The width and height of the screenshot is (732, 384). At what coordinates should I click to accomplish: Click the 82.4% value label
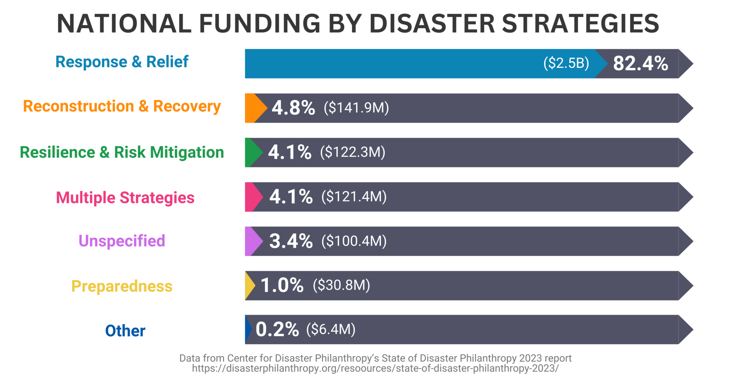[640, 64]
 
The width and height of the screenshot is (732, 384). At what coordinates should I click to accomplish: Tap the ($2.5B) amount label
[566, 63]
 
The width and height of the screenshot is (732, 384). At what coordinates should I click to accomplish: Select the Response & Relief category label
[122, 62]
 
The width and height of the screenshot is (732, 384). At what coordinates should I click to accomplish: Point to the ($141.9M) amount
[356, 108]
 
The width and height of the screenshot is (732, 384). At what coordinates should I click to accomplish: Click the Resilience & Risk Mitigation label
[122, 152]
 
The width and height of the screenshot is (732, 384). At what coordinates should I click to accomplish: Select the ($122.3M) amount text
[352, 152]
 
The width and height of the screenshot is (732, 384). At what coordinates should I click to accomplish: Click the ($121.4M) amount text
[354, 196]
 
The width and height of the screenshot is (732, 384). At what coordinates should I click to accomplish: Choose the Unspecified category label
[122, 241]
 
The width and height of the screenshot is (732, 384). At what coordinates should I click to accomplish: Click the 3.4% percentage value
[291, 241]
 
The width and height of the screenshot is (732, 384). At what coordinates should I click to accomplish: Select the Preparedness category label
[122, 286]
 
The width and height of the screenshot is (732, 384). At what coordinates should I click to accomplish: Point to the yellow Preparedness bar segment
[249, 285]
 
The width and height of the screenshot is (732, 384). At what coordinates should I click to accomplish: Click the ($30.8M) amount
[341, 285]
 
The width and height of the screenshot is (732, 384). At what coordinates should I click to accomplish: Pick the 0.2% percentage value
[277, 329]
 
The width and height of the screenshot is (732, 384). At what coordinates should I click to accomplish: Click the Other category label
[125, 331]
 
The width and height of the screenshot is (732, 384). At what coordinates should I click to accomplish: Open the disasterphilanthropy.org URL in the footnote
[375, 368]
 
